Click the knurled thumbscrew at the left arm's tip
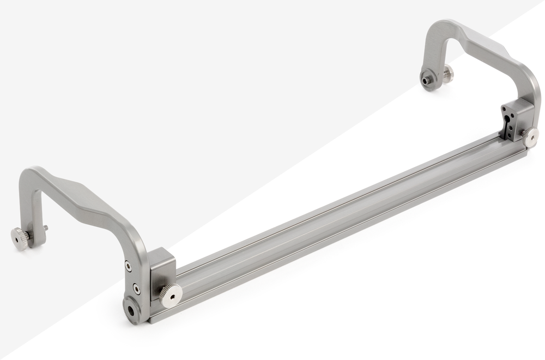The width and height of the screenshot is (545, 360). point(20,238)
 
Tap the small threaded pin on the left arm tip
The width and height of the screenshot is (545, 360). point(45,228)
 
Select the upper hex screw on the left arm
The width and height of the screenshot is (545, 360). point(128,266)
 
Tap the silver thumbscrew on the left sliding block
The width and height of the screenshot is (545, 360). point(171,295)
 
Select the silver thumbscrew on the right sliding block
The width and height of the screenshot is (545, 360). point(530,137)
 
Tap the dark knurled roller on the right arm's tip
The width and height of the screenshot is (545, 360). point(428,80)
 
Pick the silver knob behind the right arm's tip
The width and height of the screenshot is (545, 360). point(448,74)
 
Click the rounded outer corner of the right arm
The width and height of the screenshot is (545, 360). point(531,82)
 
